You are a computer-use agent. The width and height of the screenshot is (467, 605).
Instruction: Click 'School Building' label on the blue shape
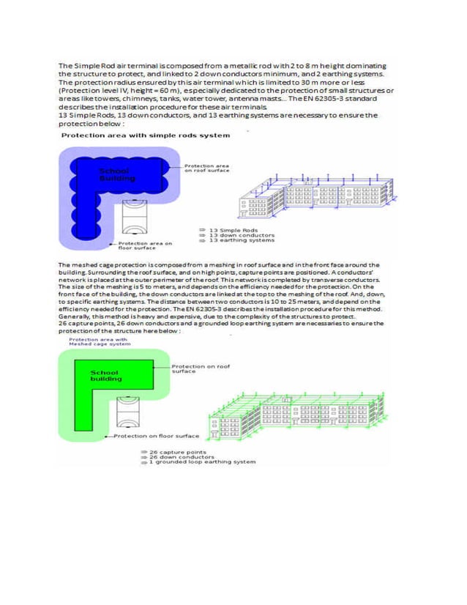(116, 174)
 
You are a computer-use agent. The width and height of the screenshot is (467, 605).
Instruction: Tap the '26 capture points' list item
(179, 452)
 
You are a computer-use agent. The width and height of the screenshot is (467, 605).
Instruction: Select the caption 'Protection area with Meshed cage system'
(99, 341)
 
